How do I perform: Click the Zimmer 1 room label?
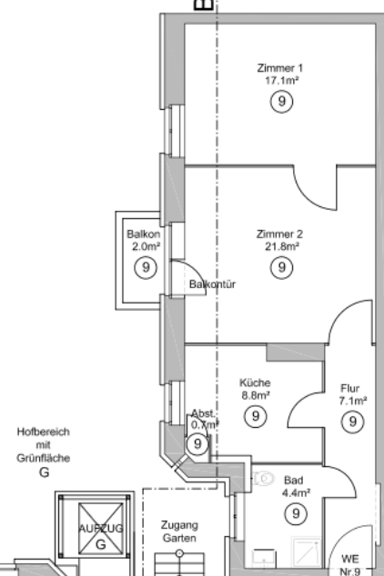click(x=280, y=68)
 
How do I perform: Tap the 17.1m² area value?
click(x=282, y=81)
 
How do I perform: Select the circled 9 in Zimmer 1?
click(x=282, y=101)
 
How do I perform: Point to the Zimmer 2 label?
click(x=280, y=234)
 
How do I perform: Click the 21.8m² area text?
click(x=282, y=246)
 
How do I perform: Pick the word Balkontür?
click(x=212, y=284)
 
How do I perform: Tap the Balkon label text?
click(x=144, y=234)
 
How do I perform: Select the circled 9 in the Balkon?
click(x=146, y=267)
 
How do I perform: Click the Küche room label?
click(x=255, y=382)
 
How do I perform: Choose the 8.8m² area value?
click(x=256, y=395)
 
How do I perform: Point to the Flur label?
click(x=349, y=388)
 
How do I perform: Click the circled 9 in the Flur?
click(x=353, y=422)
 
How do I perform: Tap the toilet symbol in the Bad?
click(x=264, y=479)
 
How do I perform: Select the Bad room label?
click(x=294, y=480)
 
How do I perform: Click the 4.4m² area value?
click(x=296, y=492)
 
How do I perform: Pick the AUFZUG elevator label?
click(x=101, y=529)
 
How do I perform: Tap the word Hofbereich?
click(x=44, y=432)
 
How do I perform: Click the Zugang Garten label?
click(x=179, y=531)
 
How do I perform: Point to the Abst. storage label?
click(x=203, y=413)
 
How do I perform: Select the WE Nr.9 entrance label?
click(x=349, y=565)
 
